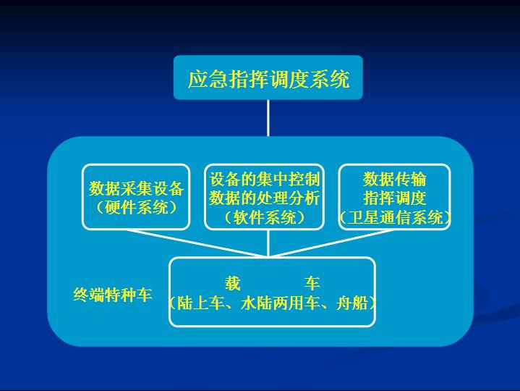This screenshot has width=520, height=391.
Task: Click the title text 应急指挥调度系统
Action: [268, 79]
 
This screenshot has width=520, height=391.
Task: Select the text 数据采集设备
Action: [136, 188]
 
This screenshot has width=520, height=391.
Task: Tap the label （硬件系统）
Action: [136, 208]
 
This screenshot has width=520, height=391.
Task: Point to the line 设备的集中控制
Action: [264, 180]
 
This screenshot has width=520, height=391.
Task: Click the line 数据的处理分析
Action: [264, 198]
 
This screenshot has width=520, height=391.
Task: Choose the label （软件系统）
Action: [264, 217]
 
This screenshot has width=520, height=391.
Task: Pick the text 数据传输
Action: [394, 180]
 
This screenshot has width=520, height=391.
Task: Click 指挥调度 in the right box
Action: [394, 198]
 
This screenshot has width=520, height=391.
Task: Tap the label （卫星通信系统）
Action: [395, 218]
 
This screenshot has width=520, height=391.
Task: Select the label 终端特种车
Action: [112, 295]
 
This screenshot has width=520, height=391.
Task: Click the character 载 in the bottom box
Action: [232, 283]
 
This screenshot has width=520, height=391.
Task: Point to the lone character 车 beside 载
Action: [312, 283]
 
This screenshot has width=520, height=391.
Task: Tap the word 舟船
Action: [351, 303]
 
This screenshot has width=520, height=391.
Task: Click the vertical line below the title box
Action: [268, 118]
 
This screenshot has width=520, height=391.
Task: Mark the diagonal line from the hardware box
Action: [197, 243]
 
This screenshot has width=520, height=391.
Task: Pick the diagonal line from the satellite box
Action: [329, 243]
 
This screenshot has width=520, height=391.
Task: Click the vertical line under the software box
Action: [268, 243]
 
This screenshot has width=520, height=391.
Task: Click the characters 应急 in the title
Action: [208, 79]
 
